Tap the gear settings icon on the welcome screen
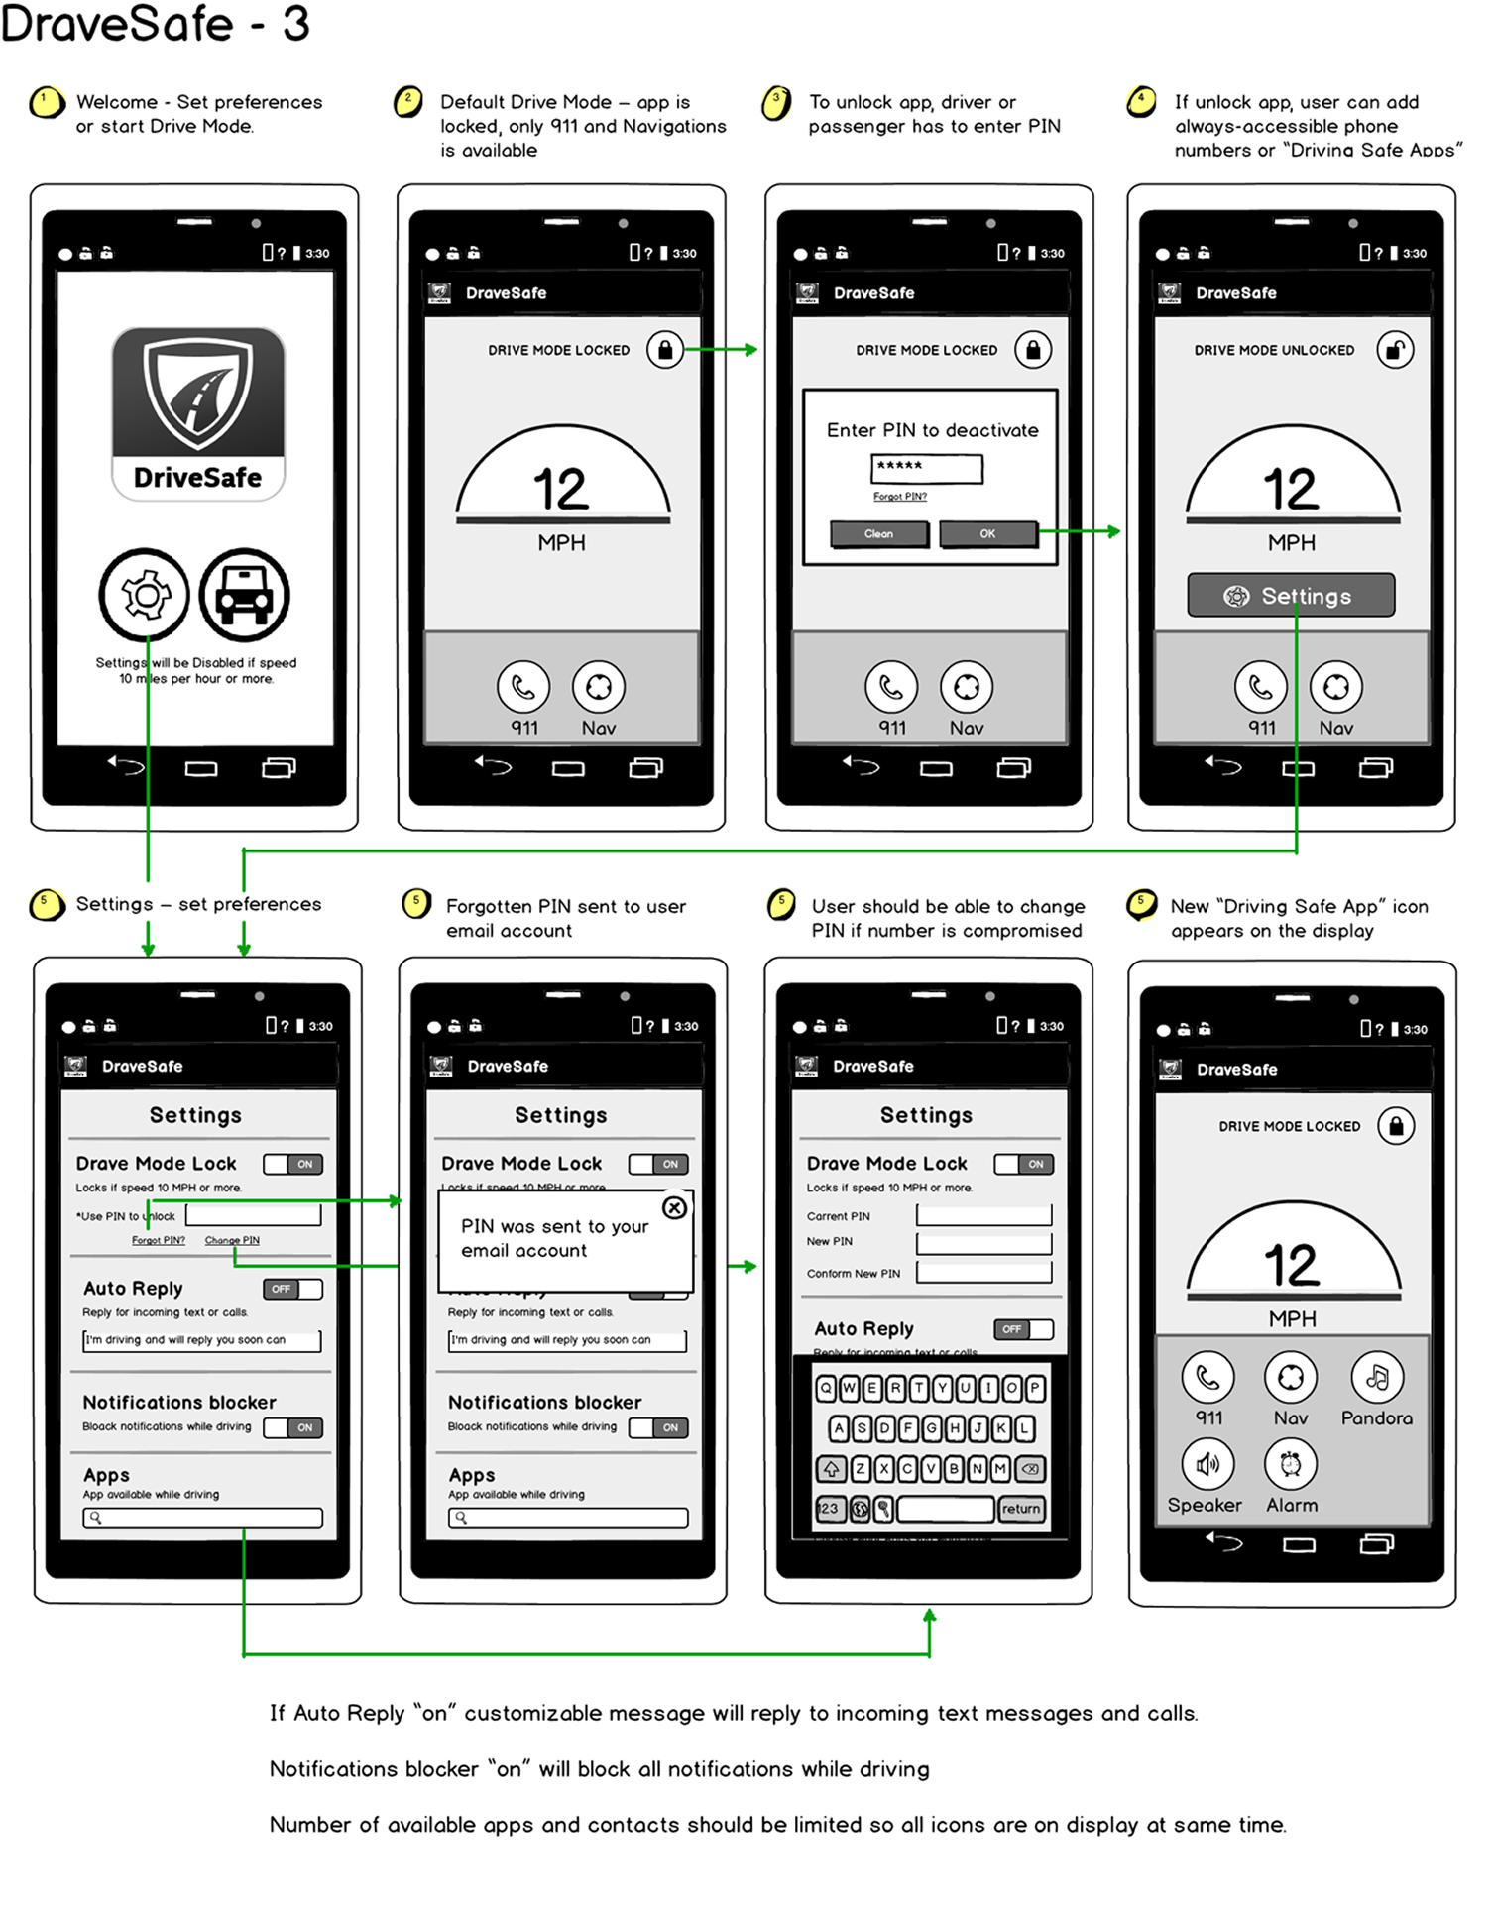pyautogui.click(x=145, y=595)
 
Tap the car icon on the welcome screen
pyautogui.click(x=245, y=595)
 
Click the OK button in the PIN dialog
pyautogui.click(x=987, y=534)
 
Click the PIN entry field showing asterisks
pyautogui.click(x=927, y=468)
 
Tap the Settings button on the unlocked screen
pyautogui.click(x=1291, y=596)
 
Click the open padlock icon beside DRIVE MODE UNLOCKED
pyautogui.click(x=1395, y=350)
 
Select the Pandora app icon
pyautogui.click(x=1377, y=1377)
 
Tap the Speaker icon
pyautogui.click(x=1207, y=1464)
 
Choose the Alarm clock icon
pyautogui.click(x=1290, y=1464)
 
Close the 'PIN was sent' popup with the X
pyautogui.click(x=674, y=1207)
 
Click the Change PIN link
pyautogui.click(x=232, y=1241)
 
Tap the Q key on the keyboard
pyautogui.click(x=826, y=1389)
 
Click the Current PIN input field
pyautogui.click(x=983, y=1215)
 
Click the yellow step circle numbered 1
pyautogui.click(x=46, y=102)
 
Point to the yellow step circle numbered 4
pyautogui.click(x=1142, y=101)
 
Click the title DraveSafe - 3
pyautogui.click(x=156, y=24)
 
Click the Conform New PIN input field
pyautogui.click(x=983, y=1273)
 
